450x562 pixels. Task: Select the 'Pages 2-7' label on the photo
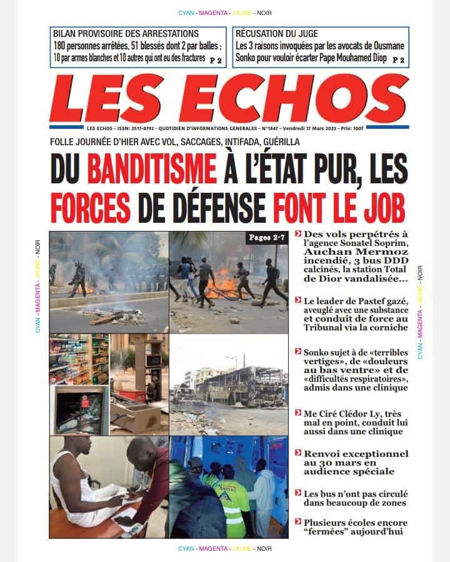coord(265,238)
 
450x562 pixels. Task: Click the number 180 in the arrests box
coord(61,46)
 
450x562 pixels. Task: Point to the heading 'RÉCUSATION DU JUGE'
coord(277,33)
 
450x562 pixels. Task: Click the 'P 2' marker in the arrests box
coord(216,60)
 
